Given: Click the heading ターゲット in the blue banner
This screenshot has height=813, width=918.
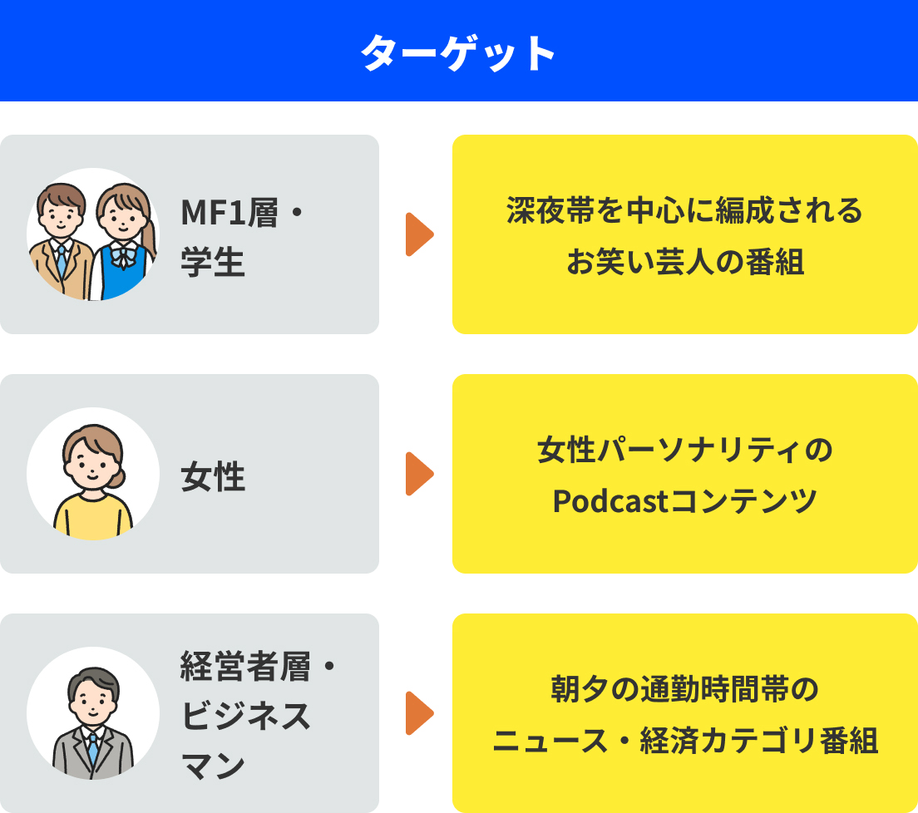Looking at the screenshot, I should [x=458, y=54].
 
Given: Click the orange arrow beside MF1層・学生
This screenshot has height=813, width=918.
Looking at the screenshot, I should [x=419, y=234].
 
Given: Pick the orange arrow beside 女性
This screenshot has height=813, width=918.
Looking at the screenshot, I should [x=419, y=474].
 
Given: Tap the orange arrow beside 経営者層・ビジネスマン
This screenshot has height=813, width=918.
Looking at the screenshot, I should [x=419, y=713].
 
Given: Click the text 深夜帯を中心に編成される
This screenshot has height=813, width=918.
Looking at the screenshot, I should [x=684, y=210].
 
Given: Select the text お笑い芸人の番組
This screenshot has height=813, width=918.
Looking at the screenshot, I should [x=684, y=262].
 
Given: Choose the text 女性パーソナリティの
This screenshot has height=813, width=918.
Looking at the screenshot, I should [x=684, y=450].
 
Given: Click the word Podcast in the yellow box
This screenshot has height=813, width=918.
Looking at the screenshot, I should [x=610, y=501].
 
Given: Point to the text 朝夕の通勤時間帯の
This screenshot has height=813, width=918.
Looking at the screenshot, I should [x=684, y=689].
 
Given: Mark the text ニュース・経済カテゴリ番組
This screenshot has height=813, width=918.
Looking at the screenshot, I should [x=684, y=741].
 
